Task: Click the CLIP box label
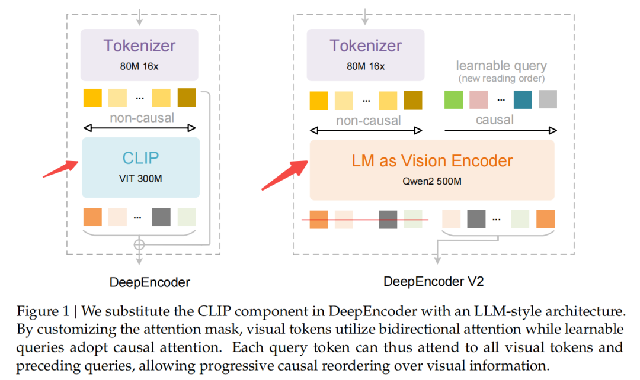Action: tap(140, 158)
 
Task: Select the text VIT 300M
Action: tap(140, 179)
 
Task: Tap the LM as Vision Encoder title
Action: tap(431, 160)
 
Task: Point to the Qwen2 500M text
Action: tap(431, 181)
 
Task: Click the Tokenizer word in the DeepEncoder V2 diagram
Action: tap(366, 46)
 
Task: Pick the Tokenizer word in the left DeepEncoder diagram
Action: tap(140, 46)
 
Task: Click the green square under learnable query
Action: tap(454, 99)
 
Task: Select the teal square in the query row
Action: tap(523, 99)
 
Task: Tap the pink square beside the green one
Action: tap(478, 99)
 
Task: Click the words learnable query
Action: tap(501, 66)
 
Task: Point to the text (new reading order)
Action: tap(501, 78)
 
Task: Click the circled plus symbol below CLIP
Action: tap(139, 244)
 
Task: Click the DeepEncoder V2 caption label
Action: tap(434, 282)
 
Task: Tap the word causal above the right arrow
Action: tap(495, 120)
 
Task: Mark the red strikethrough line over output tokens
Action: tap(364, 220)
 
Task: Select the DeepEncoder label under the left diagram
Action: tap(150, 282)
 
